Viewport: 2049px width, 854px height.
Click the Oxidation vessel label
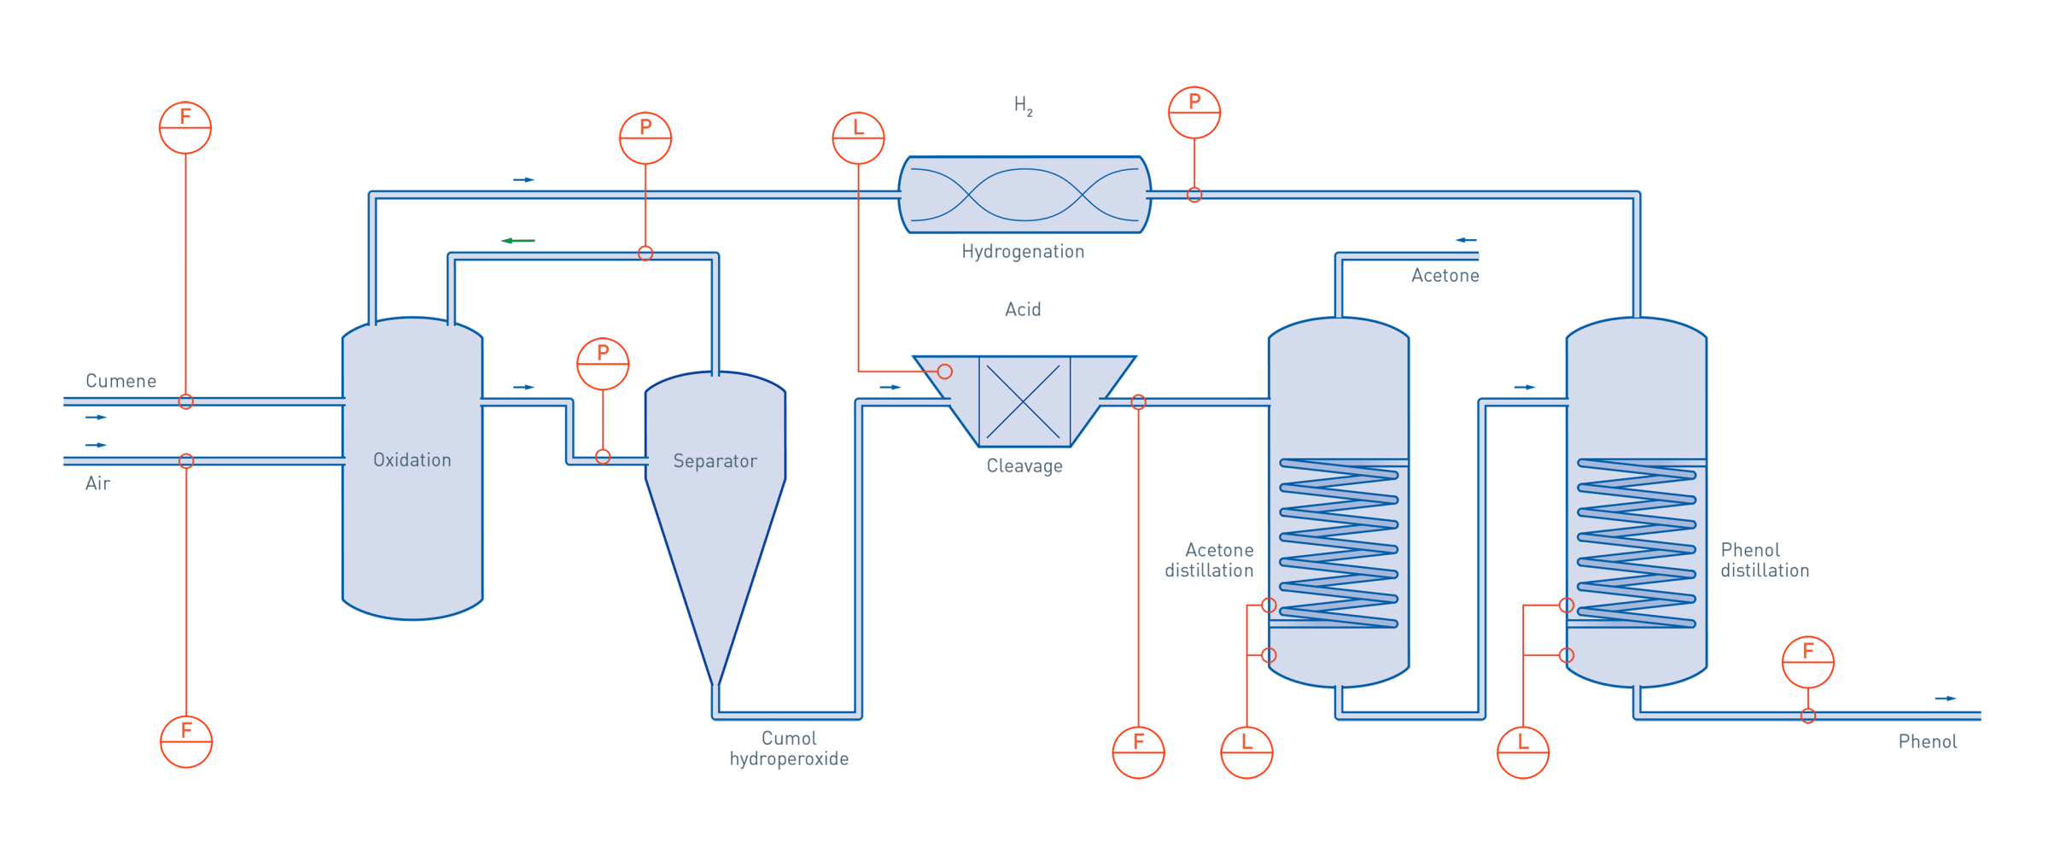point(412,460)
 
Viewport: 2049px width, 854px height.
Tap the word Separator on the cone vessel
point(715,461)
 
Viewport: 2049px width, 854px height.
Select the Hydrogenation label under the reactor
point(1023,251)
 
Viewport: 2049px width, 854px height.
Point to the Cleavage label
point(1024,466)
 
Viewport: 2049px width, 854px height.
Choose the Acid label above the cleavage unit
point(1023,309)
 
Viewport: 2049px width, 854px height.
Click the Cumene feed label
point(120,381)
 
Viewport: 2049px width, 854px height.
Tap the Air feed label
point(97,483)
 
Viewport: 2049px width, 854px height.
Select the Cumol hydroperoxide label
point(789,749)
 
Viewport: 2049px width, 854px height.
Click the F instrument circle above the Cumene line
point(185,127)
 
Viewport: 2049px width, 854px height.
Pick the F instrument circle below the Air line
point(186,741)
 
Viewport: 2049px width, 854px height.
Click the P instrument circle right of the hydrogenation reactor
point(1194,112)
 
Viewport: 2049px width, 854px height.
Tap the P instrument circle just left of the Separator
point(603,364)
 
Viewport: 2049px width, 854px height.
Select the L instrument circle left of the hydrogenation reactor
point(858,137)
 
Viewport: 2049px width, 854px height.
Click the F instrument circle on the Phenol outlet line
point(1807,662)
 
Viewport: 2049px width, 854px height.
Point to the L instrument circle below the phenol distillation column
point(1523,752)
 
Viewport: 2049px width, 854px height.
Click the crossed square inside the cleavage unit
point(1024,401)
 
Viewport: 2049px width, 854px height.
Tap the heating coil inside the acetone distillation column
point(1338,543)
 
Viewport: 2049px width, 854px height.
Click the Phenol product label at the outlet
point(1928,742)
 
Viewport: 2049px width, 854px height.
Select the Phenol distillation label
point(1764,560)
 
